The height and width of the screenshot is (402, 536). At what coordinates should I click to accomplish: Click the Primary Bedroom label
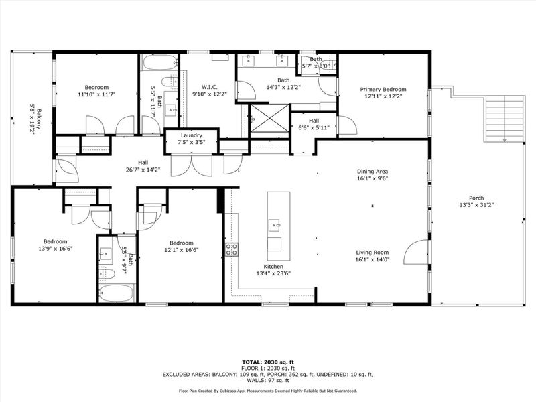pos(383,90)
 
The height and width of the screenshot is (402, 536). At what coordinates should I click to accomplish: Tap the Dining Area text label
pos(373,171)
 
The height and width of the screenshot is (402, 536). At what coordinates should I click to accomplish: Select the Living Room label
pos(373,251)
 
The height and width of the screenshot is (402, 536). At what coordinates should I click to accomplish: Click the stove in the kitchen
pos(232,250)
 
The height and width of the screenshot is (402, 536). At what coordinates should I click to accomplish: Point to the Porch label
pos(476,197)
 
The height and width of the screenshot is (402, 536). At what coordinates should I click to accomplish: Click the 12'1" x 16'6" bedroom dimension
pos(181,250)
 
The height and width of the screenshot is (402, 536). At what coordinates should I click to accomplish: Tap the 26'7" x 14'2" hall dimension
pos(143,170)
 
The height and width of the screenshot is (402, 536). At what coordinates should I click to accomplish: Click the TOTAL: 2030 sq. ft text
pos(267,361)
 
